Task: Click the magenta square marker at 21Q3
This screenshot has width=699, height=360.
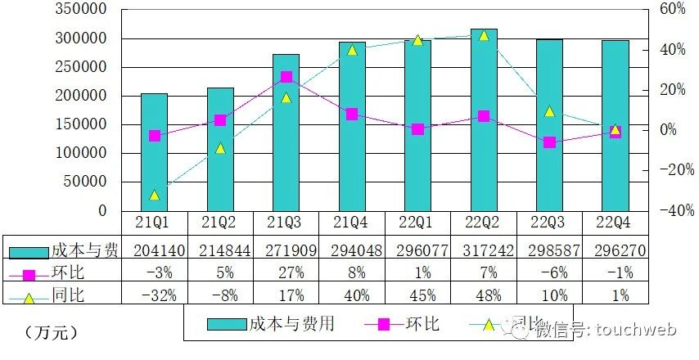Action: point(286,77)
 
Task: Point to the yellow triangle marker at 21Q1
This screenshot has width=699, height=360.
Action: point(154,195)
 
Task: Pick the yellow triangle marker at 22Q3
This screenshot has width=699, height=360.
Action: point(549,111)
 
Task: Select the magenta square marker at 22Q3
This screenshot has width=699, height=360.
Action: point(549,142)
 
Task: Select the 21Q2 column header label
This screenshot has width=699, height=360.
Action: point(220,222)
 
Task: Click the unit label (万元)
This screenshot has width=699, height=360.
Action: point(51,332)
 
